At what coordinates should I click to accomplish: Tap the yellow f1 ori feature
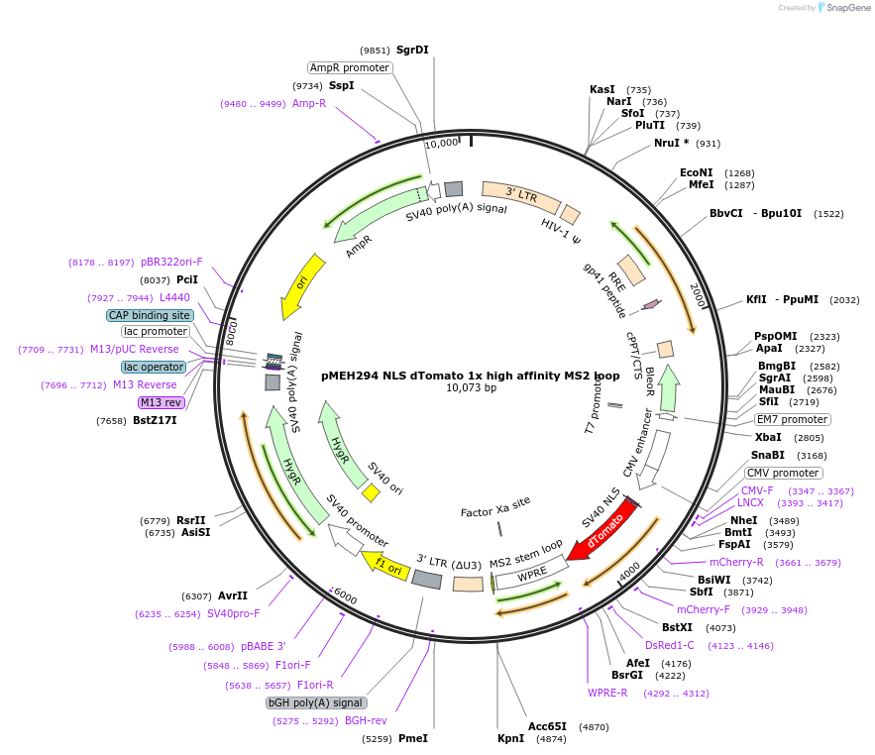(386, 565)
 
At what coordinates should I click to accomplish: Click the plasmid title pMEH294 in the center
(471, 376)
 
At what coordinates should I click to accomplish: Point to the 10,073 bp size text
(471, 388)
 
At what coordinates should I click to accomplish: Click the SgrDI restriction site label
(412, 50)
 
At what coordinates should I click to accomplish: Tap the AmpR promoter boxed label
(350, 68)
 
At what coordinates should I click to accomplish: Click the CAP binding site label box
(150, 315)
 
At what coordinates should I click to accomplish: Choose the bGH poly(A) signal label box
(316, 702)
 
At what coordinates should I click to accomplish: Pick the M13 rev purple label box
(161, 402)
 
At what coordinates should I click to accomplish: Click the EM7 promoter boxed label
(793, 419)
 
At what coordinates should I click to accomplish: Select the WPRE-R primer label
(607, 693)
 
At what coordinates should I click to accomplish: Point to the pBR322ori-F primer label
(171, 262)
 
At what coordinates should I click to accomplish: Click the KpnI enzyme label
(510, 738)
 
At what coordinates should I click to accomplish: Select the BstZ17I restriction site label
(155, 421)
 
